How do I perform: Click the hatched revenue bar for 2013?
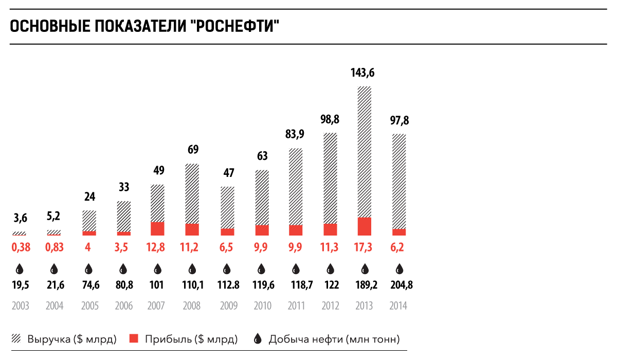point(365,152)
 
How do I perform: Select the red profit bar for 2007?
point(157,229)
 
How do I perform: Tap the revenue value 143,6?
point(362,73)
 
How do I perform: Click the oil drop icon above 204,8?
point(399,268)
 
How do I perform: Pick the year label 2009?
point(228,306)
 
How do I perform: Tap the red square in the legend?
point(134,338)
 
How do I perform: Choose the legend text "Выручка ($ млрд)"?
point(72,339)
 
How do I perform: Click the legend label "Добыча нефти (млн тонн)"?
point(334,339)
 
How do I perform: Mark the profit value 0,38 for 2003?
point(21,247)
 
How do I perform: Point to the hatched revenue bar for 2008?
point(192,193)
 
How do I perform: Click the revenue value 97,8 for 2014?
point(399,121)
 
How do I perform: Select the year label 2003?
point(21,306)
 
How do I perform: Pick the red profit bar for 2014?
point(399,232)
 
